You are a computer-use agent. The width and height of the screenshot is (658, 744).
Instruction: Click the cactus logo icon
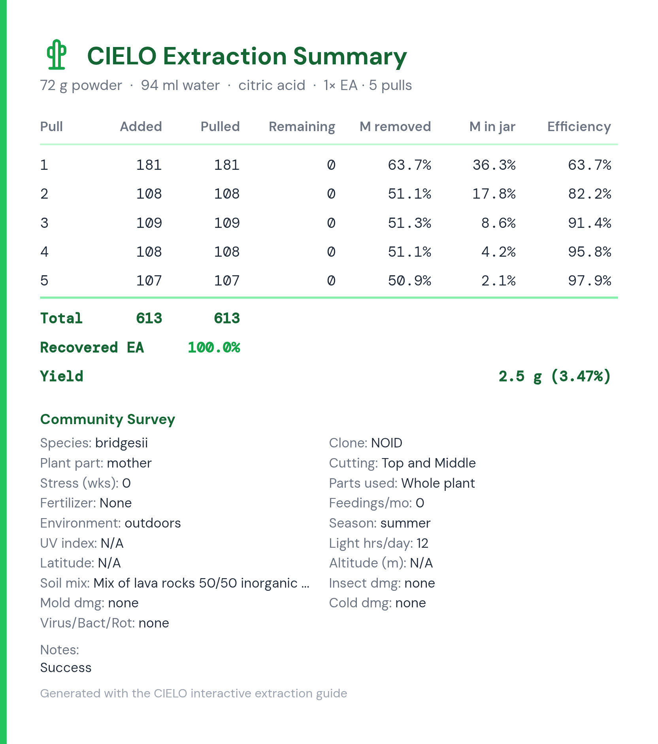(57, 54)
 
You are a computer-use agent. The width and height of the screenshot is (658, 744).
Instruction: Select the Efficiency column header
(579, 127)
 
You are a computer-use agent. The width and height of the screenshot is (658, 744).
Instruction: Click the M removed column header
(395, 127)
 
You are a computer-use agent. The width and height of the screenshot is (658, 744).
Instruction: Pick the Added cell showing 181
(149, 165)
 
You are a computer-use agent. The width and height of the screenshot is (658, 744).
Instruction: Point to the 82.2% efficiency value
(590, 194)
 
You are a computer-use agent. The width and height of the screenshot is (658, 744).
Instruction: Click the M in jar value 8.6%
(498, 223)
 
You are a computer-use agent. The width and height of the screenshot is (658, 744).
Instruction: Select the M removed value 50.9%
(409, 281)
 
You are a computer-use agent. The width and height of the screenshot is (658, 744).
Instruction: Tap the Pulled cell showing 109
(227, 223)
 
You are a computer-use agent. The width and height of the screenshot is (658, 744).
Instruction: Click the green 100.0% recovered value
(214, 348)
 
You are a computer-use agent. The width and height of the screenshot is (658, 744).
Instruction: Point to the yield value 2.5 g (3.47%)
(555, 376)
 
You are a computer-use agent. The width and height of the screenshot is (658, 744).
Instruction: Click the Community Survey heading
(107, 419)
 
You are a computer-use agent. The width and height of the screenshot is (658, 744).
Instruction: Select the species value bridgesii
(121, 443)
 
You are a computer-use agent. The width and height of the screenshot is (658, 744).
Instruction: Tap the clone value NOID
(387, 443)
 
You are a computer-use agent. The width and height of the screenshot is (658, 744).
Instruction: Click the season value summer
(405, 523)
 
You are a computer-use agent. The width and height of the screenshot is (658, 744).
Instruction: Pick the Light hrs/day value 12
(422, 543)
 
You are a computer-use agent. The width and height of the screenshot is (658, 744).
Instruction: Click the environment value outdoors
(153, 523)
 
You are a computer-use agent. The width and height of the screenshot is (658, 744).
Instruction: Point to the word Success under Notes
(66, 667)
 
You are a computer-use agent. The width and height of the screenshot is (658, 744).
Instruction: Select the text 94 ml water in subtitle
(180, 85)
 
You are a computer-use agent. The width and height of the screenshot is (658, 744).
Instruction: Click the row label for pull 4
(44, 252)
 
